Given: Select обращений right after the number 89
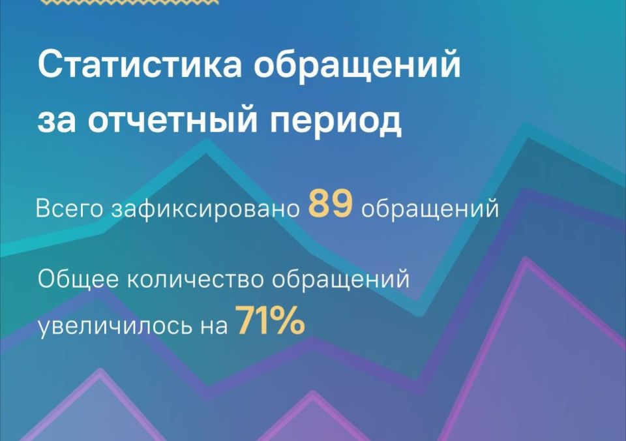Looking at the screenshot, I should (x=430, y=209).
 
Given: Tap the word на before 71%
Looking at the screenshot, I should (x=211, y=325).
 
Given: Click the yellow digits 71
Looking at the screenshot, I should (x=252, y=321).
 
